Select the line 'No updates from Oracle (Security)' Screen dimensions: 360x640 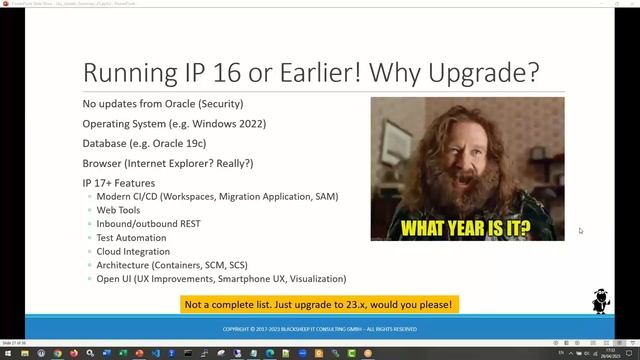(162, 104)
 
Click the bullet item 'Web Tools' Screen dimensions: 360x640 (119, 210)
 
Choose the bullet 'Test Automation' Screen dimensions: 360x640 (132, 238)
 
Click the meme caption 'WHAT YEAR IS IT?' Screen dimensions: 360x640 (466, 228)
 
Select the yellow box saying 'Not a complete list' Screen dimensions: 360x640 (320, 304)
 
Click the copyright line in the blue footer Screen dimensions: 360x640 (320, 328)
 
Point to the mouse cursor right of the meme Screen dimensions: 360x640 (580, 231)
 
